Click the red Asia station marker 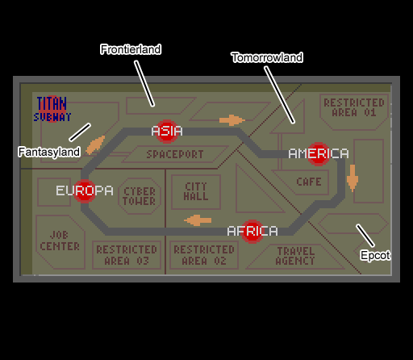tap(167, 132)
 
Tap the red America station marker tap(319, 154)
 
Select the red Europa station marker tap(85, 191)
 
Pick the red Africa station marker tap(252, 232)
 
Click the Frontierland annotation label tap(131, 49)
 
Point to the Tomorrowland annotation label tap(267, 57)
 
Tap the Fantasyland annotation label tap(49, 152)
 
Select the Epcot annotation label tap(375, 255)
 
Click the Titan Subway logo tap(52, 109)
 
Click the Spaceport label tap(175, 154)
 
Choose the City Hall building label tap(196, 191)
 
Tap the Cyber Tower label tap(140, 196)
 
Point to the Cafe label tap(309, 182)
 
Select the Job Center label tap(60, 241)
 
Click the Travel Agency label tap(295, 256)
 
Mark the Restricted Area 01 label tap(354, 107)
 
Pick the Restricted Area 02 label tap(204, 255)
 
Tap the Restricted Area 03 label tap(127, 255)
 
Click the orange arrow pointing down tap(353, 178)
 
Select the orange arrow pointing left tap(198, 220)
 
